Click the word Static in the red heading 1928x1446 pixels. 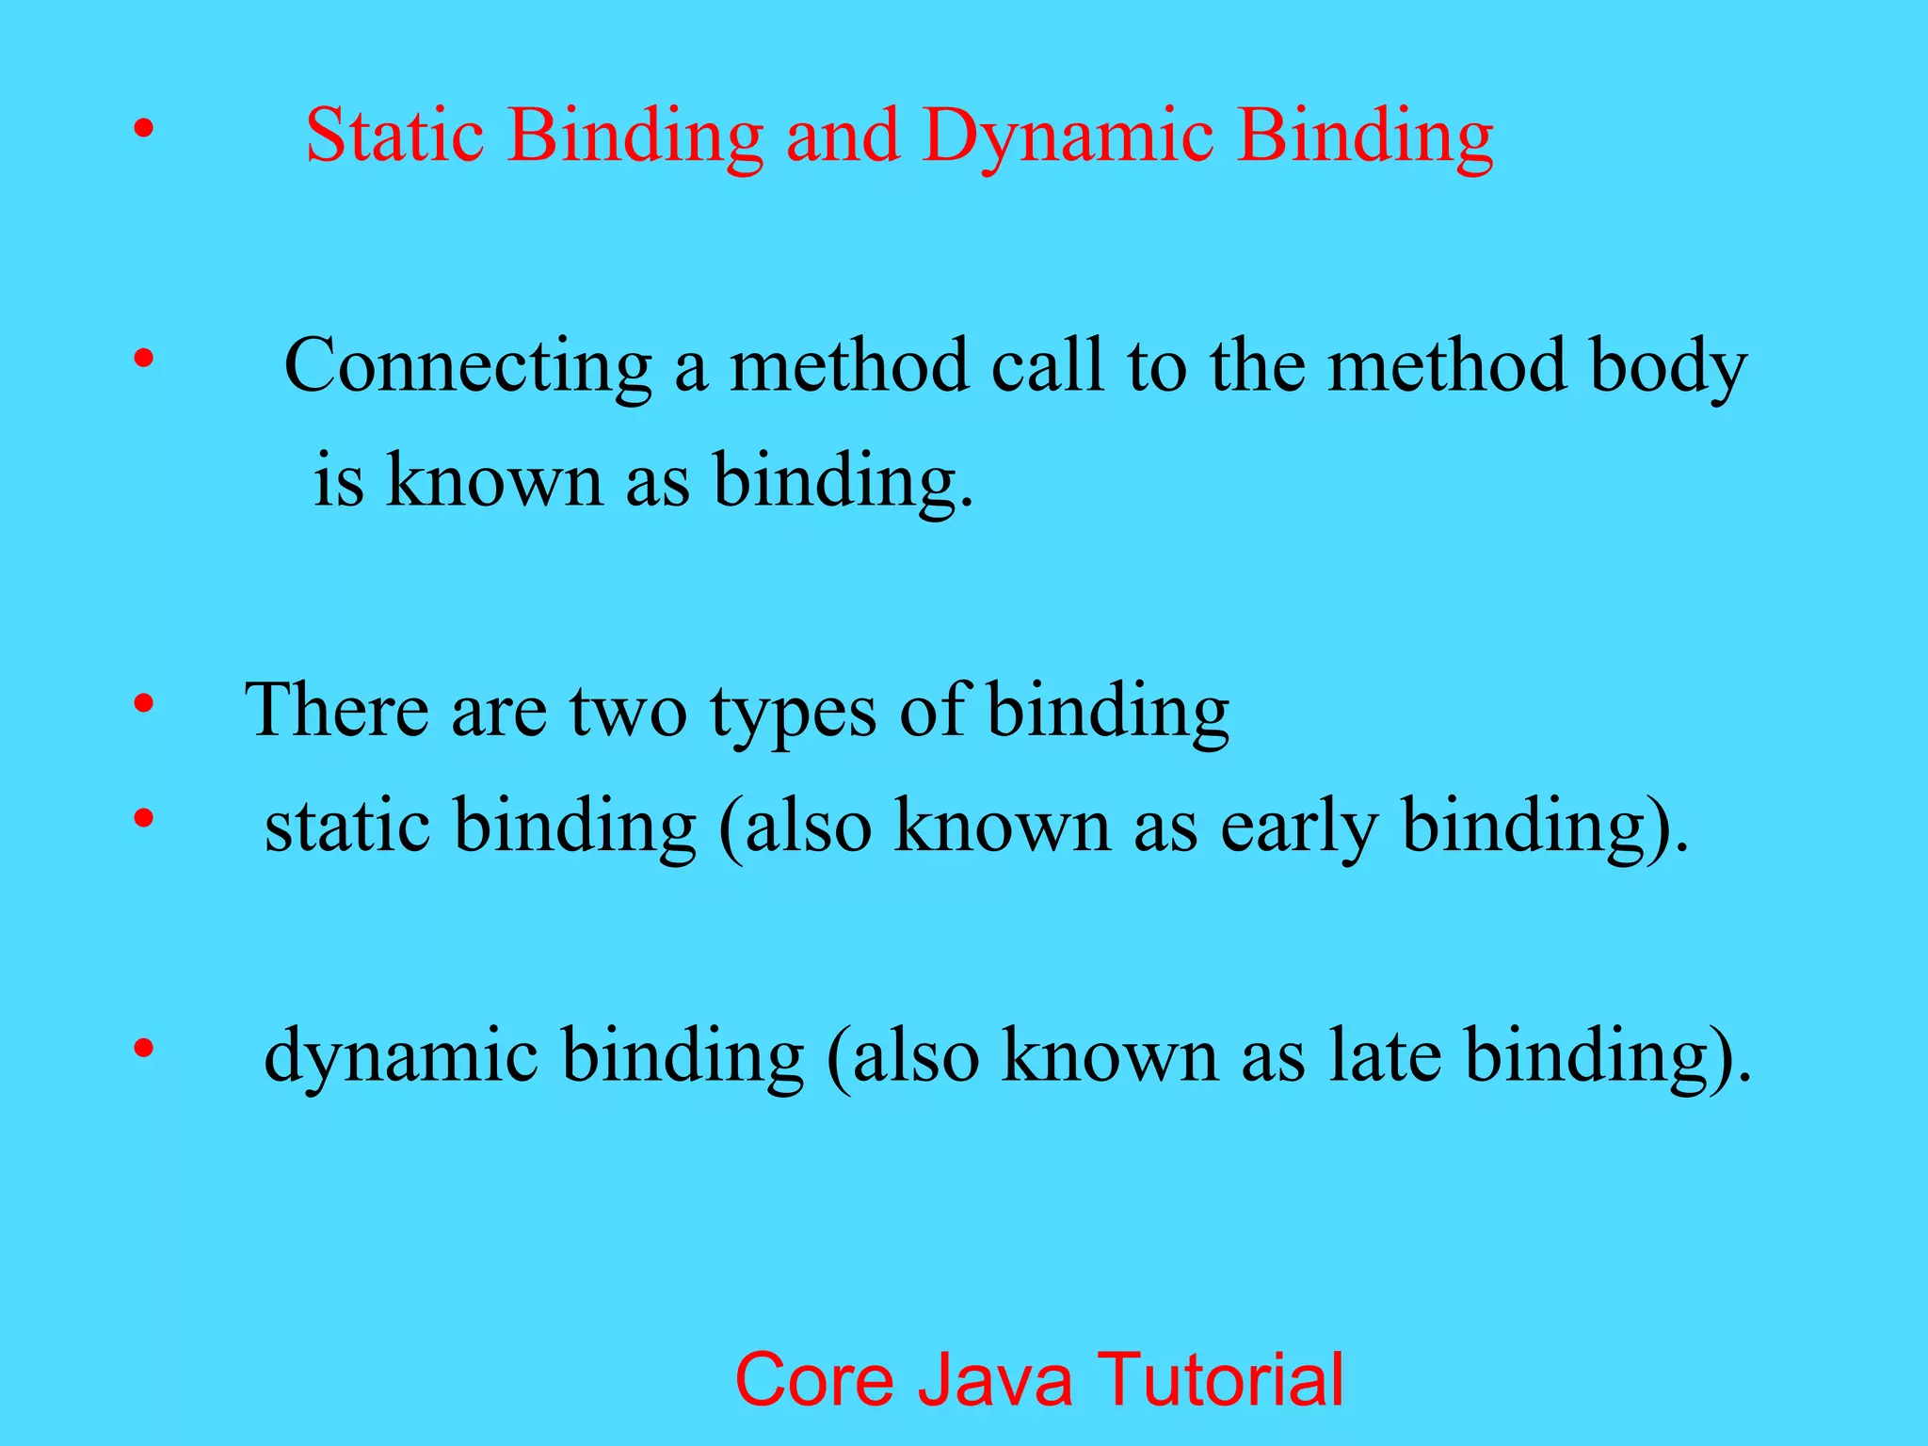(x=393, y=136)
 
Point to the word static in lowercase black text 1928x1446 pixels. (x=346, y=825)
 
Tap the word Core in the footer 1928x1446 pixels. (x=813, y=1380)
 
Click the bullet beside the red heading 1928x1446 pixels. (x=142, y=130)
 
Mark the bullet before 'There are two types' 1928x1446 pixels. (x=142, y=704)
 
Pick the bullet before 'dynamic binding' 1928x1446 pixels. (x=142, y=1048)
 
